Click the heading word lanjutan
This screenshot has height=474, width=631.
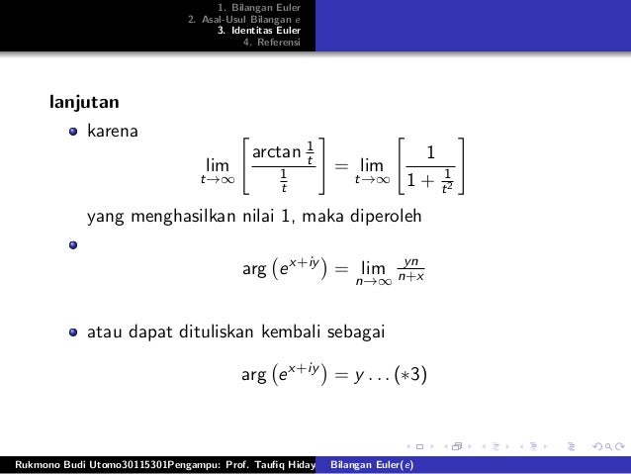point(86,102)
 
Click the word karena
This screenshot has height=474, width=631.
point(113,130)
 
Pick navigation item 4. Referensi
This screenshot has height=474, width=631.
point(278,42)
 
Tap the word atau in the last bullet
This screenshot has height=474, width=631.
point(107,330)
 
